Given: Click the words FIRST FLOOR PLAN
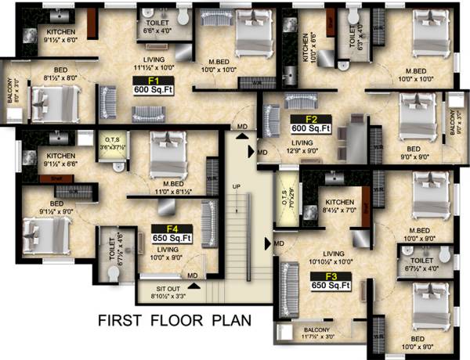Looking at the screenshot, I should tap(173, 320).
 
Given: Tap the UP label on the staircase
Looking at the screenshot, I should tap(236, 185).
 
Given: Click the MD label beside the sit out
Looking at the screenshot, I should tap(193, 275).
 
